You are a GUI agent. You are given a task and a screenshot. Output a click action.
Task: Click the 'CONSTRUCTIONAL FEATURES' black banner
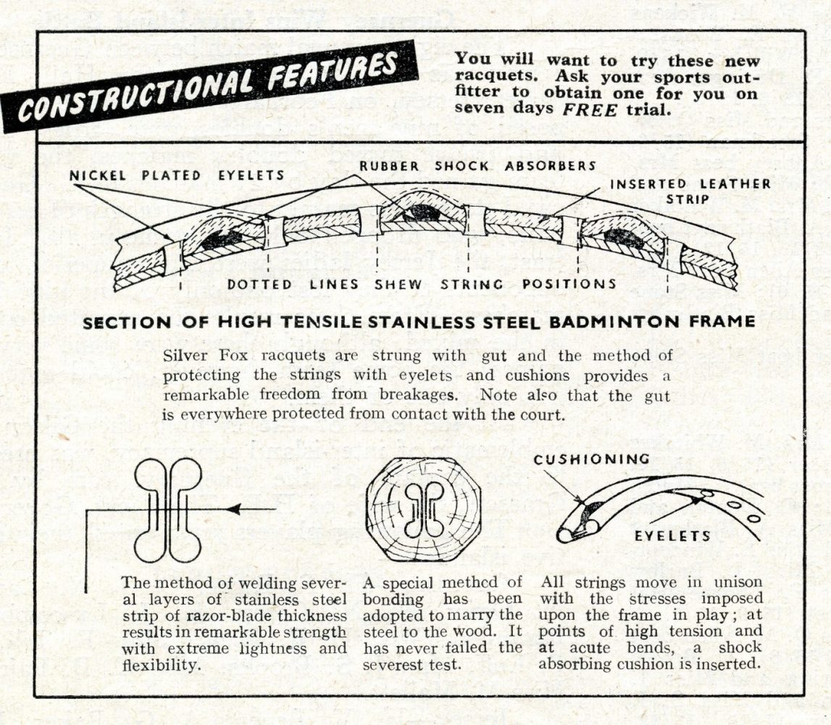click(x=209, y=87)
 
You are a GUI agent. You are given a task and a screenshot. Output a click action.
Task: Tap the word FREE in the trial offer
click(x=589, y=109)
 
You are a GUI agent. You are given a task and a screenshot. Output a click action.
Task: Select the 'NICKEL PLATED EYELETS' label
click(x=177, y=175)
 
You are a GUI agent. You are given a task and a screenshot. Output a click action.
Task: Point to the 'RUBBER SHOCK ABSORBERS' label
click(x=477, y=166)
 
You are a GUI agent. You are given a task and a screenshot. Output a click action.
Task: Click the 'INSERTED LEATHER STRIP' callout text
click(x=690, y=191)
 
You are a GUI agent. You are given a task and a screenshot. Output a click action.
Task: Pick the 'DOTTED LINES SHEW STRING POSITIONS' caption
click(x=422, y=284)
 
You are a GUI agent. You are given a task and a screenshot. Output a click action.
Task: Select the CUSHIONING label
click(x=591, y=459)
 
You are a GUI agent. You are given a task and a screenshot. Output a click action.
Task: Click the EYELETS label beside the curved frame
click(x=672, y=536)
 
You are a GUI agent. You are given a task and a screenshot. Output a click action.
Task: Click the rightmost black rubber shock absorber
click(x=623, y=239)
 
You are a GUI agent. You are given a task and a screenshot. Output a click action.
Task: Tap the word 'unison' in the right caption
click(x=738, y=581)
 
